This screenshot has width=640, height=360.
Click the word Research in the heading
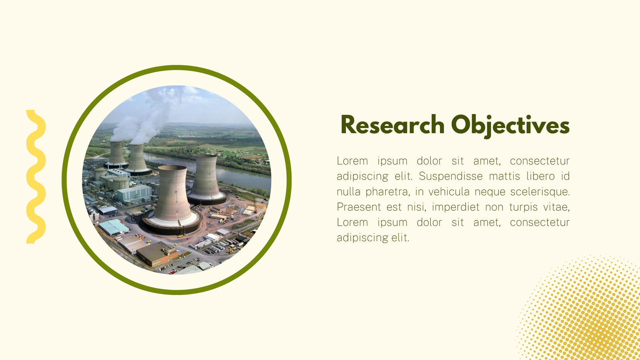(392, 125)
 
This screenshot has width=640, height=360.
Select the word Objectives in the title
(510, 126)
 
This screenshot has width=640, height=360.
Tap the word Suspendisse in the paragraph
(450, 176)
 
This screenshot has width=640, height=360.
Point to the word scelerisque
(540, 192)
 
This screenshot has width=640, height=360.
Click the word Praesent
(358, 207)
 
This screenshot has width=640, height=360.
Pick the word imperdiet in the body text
(456, 207)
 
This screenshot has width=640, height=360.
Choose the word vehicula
(448, 192)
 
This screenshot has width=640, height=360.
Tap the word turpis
(524, 207)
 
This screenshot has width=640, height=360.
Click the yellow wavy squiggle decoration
(36, 176)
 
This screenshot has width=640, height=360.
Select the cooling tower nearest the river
(206, 180)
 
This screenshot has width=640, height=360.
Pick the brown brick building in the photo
(157, 254)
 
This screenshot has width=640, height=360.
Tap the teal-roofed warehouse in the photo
(114, 228)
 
